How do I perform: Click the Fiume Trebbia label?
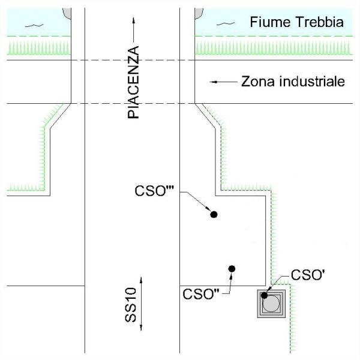pyautogui.click(x=296, y=22)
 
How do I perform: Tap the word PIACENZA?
pyautogui.click(x=133, y=82)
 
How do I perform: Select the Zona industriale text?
pyautogui.click(x=293, y=82)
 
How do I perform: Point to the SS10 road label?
pyautogui.click(x=131, y=305)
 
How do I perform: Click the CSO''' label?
pyautogui.click(x=154, y=191)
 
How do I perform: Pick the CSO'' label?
pyautogui.click(x=201, y=294)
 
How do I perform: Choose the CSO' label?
pyautogui.click(x=308, y=275)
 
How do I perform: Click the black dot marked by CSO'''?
pyautogui.click(x=214, y=214)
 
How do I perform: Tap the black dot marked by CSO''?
pyautogui.click(x=232, y=269)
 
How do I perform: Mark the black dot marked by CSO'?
pyautogui.click(x=264, y=295)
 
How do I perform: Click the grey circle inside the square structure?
pyautogui.click(x=271, y=304)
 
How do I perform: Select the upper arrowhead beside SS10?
pyautogui.click(x=141, y=280)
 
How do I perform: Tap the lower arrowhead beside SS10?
pyautogui.click(x=141, y=328)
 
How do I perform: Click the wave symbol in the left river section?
pyautogui.click(x=34, y=25)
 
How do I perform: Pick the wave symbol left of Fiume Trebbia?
pyautogui.click(x=226, y=23)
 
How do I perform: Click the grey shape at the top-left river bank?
pyautogui.click(x=67, y=13)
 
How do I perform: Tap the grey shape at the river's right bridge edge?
pyautogui.click(x=199, y=14)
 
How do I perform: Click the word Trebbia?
pyautogui.click(x=320, y=22)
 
